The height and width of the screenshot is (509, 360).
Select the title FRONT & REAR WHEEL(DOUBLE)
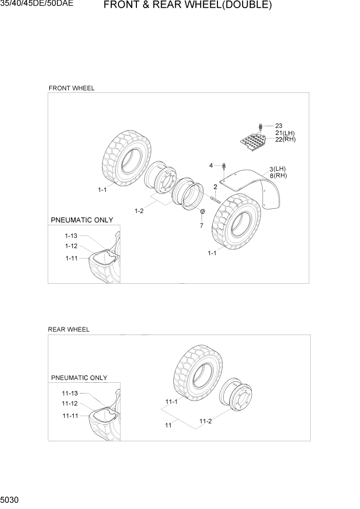click(x=187, y=6)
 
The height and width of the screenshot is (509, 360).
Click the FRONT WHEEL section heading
click(x=71, y=88)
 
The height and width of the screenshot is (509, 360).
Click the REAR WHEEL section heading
click(x=69, y=329)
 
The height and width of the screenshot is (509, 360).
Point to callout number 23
click(x=278, y=126)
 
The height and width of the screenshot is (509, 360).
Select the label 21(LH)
click(x=285, y=133)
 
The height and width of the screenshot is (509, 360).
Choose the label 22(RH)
click(x=285, y=140)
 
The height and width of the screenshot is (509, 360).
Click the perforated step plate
click(x=253, y=142)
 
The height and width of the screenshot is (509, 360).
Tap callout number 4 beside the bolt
click(x=211, y=165)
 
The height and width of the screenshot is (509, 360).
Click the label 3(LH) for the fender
click(x=277, y=169)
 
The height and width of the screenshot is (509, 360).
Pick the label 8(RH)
click(x=278, y=176)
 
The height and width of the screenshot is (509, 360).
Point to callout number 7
click(x=201, y=226)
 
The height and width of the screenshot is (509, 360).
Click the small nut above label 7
click(x=202, y=212)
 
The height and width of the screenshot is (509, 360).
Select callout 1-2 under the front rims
click(x=139, y=211)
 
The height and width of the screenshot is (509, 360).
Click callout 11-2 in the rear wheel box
click(x=206, y=421)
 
